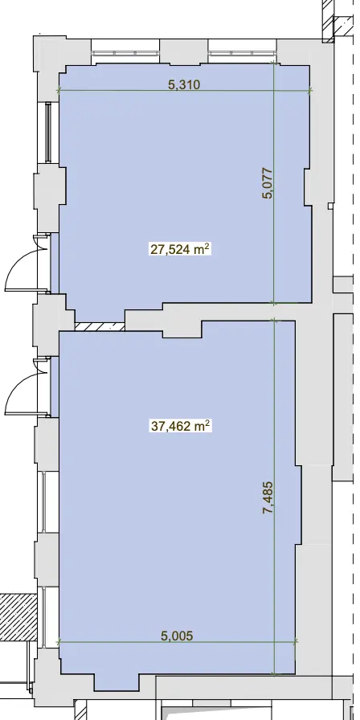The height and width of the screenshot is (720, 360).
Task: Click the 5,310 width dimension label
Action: pyautogui.click(x=184, y=84)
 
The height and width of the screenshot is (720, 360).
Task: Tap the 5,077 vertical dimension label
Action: pyautogui.click(x=268, y=184)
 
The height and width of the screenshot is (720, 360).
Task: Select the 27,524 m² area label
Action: pyautogui.click(x=181, y=249)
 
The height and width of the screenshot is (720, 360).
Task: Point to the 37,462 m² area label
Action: pyautogui.click(x=181, y=427)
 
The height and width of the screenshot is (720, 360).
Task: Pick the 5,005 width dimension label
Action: pyautogui.click(x=177, y=636)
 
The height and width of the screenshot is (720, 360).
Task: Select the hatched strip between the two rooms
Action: pyautogui.click(x=100, y=326)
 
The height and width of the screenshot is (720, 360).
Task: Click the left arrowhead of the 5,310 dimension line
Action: pyautogui.click(x=59, y=91)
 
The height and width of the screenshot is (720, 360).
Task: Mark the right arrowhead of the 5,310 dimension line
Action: pyautogui.click(x=310, y=91)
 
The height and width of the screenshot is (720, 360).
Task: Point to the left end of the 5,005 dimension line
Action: pyautogui.click(x=59, y=641)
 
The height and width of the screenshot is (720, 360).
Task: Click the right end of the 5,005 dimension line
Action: pyautogui.click(x=295, y=642)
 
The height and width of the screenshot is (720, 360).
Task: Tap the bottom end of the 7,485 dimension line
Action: pyautogui.click(x=274, y=674)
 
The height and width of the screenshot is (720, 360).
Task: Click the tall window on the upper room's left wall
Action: pyautogui.click(x=47, y=133)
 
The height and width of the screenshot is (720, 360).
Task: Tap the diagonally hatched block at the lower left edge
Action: pyautogui.click(x=18, y=618)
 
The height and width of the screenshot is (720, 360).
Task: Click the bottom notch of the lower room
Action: pyautogui.click(x=117, y=682)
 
